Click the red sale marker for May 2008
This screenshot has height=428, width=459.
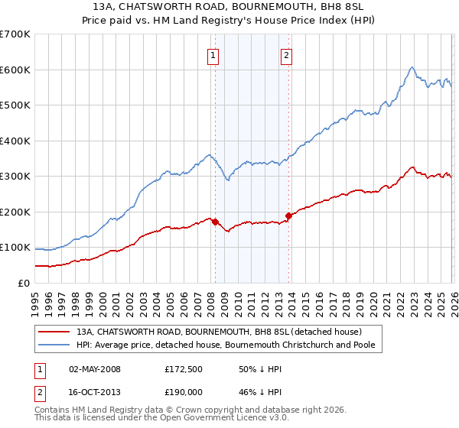215,222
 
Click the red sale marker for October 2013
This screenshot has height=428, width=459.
288,216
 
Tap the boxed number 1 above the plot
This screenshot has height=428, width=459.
212,54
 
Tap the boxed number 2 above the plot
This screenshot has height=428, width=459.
285,54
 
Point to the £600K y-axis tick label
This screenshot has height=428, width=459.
15,70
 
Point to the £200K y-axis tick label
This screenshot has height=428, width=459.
15,212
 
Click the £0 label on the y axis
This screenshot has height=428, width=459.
23,283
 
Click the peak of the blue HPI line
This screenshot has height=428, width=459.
412,67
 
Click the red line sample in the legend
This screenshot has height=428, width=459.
54,332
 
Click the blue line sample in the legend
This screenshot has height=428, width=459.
54,346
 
